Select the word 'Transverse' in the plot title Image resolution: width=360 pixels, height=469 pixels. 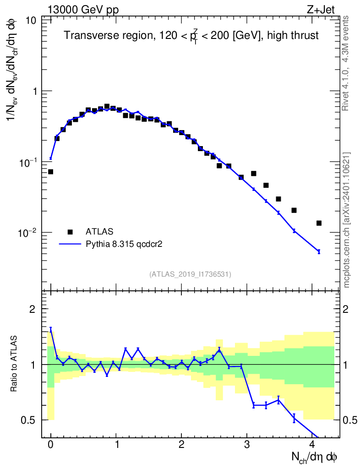[87, 35]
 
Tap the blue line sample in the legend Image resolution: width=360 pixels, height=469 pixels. [70, 244]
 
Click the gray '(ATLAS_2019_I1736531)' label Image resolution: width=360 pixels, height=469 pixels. [190, 274]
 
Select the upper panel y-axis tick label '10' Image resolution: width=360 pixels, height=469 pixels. [32, 21]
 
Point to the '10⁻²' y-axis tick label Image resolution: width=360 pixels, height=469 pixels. [28, 233]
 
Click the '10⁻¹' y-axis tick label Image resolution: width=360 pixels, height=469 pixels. [28, 163]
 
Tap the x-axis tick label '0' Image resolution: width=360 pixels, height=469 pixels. [50, 444]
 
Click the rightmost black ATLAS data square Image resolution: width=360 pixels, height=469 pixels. [319, 223]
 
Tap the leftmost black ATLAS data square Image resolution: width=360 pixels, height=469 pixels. [50, 172]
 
